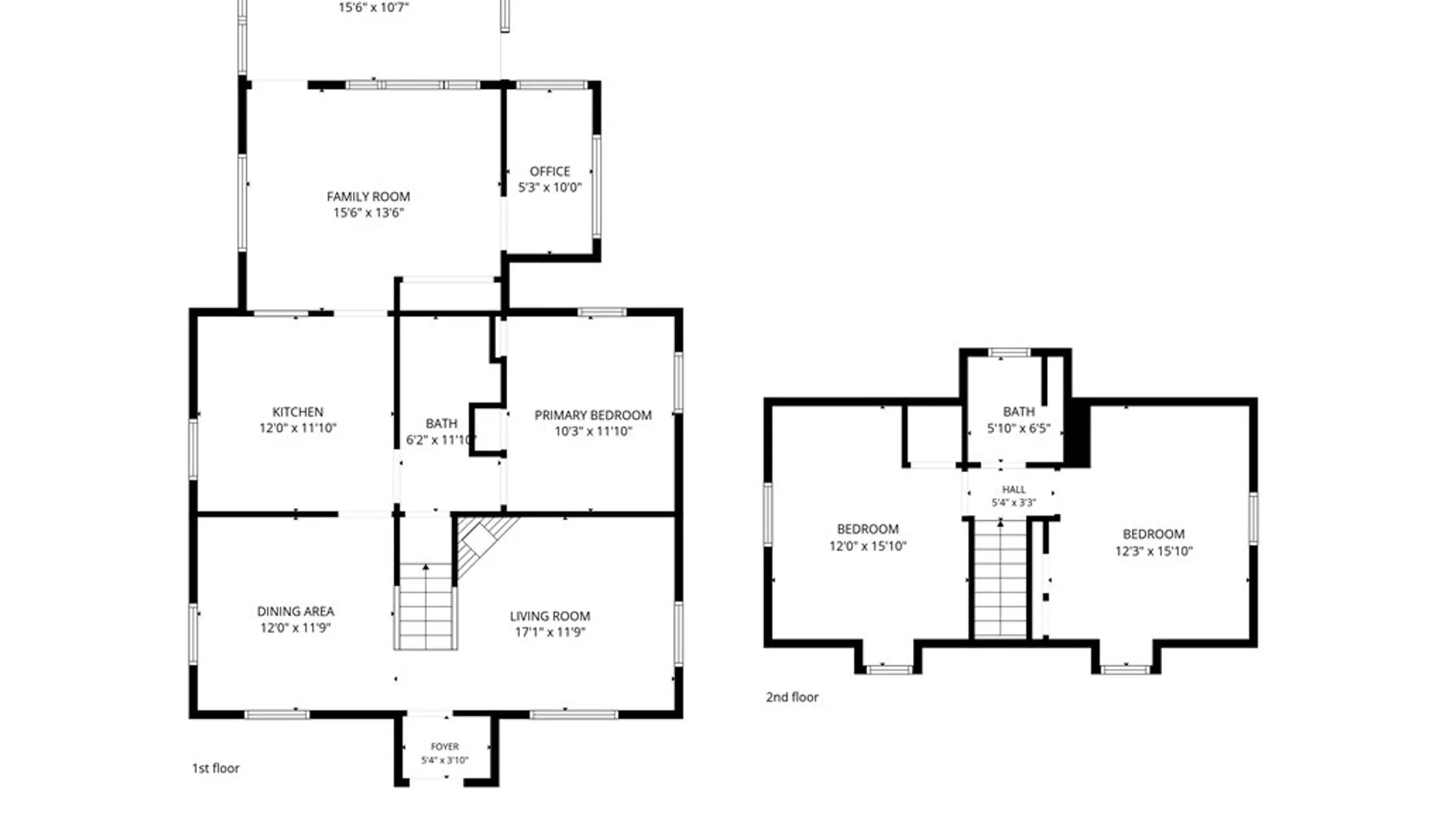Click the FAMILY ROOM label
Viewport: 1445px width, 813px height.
pyautogui.click(x=368, y=196)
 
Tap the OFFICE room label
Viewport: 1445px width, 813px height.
pyautogui.click(x=549, y=172)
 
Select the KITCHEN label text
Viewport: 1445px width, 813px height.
pyautogui.click(x=297, y=412)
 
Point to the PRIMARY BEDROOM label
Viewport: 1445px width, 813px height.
pyautogui.click(x=593, y=415)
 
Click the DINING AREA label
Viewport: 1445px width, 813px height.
pyautogui.click(x=295, y=611)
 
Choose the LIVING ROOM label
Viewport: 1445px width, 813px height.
pyautogui.click(x=550, y=616)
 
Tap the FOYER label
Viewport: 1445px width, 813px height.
pyautogui.click(x=445, y=747)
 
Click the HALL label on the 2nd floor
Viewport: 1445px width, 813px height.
pyautogui.click(x=1014, y=489)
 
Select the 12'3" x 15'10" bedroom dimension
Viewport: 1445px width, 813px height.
pyautogui.click(x=1154, y=551)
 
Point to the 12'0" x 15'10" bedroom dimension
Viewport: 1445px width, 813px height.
pyautogui.click(x=868, y=546)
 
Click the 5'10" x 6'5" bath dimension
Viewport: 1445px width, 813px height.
pyautogui.click(x=1018, y=428)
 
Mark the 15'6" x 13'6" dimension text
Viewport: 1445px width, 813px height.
pyautogui.click(x=368, y=213)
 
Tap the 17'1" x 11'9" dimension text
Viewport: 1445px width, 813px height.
pyautogui.click(x=550, y=632)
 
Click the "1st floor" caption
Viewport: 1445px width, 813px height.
pyautogui.click(x=215, y=768)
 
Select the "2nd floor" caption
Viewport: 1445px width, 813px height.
pyautogui.click(x=792, y=697)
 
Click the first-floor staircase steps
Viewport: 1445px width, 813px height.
pyautogui.click(x=425, y=606)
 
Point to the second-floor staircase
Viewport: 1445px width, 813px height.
pyautogui.click(x=1000, y=580)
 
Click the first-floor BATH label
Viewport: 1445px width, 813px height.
pyautogui.click(x=441, y=424)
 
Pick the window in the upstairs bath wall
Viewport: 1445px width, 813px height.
pyautogui.click(x=1008, y=352)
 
